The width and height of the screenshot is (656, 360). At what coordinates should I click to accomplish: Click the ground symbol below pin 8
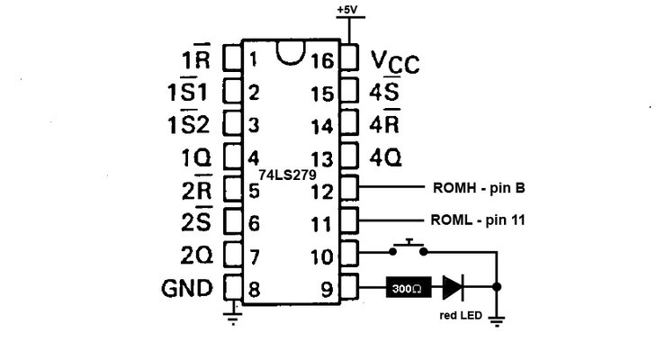(x=233, y=314)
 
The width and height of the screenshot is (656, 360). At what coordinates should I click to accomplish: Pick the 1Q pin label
(x=196, y=157)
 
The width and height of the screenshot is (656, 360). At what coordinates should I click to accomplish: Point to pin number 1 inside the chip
(x=255, y=61)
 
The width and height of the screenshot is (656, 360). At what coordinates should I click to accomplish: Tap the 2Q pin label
(x=196, y=256)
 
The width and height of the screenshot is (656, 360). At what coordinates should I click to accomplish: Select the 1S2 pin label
(x=189, y=124)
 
